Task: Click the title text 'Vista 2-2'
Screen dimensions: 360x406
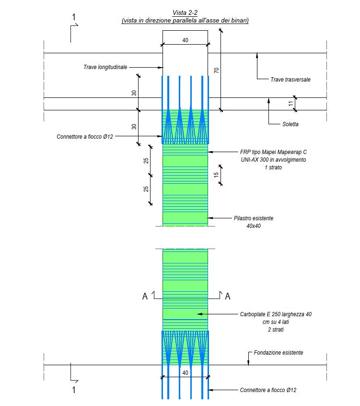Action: coord(185,12)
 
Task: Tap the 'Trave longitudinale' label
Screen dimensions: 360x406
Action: coord(105,67)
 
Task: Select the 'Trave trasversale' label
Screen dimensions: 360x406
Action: coord(290,80)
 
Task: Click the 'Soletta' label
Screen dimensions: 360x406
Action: coord(290,124)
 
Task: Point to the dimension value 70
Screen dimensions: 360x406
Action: coord(217,70)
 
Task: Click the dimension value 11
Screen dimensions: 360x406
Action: coord(291,104)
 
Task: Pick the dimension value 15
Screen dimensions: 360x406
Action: coord(216,175)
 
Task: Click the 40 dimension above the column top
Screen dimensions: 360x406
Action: coord(185,40)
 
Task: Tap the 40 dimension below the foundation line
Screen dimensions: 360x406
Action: coord(185,372)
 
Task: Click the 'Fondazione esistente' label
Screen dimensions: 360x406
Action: coord(279,353)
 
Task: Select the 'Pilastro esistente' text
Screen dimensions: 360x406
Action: coord(254,218)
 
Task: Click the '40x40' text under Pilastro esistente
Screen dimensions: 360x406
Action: coord(254,226)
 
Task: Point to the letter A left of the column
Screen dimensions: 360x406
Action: coord(145,296)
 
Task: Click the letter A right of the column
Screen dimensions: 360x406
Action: coord(228,296)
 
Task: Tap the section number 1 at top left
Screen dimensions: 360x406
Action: coord(74,17)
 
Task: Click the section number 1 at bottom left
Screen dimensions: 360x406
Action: coord(74,390)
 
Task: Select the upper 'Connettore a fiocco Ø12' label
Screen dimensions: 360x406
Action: coord(85,136)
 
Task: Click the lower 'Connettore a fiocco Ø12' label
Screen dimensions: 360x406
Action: coord(268,390)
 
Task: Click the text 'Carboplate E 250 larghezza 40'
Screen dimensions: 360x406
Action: coord(276,314)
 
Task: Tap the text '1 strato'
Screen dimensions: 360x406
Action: coord(273,167)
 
